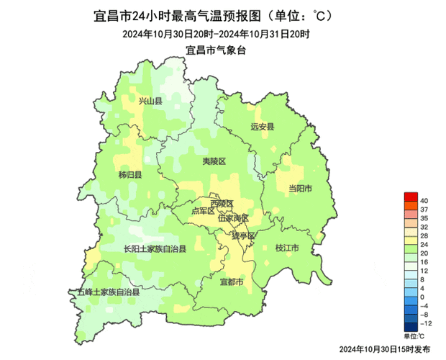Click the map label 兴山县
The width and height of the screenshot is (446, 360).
[x=150, y=102]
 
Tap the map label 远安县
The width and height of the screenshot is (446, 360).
[x=263, y=127]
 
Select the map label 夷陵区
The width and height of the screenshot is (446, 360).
[x=214, y=162]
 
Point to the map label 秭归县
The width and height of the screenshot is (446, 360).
[x=130, y=175]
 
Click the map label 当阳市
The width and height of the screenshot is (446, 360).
[x=299, y=189]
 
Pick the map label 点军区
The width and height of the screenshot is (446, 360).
[x=203, y=211]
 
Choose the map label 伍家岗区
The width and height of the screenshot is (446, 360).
[x=233, y=217]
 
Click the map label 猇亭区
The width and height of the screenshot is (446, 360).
[x=242, y=235]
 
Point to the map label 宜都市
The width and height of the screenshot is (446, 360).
[x=232, y=281]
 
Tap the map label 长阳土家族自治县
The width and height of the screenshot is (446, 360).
[x=154, y=249]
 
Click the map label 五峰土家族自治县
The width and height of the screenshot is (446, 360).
[x=108, y=292]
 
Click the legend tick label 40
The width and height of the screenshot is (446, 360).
[x=424, y=199]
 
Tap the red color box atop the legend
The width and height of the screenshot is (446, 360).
[x=411, y=198]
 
